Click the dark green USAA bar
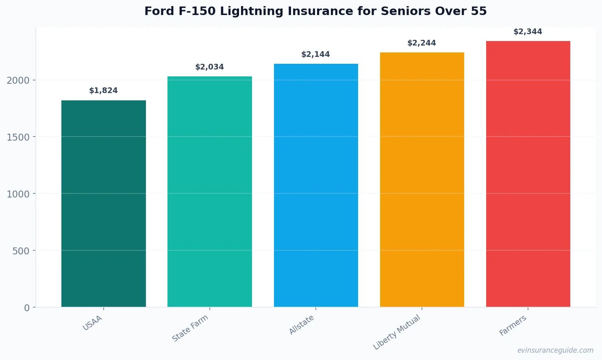(x=103, y=203)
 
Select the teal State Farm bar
(x=209, y=191)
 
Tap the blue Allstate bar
(x=316, y=185)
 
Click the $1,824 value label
(x=103, y=91)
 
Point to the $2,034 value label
(x=209, y=67)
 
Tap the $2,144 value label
(x=315, y=54)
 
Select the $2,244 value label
(x=422, y=43)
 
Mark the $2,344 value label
(x=528, y=32)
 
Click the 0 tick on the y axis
(x=27, y=308)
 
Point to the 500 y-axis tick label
(x=21, y=251)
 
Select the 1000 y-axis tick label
(x=18, y=194)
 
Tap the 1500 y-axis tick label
(x=18, y=137)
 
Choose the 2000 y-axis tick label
(x=18, y=80)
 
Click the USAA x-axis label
(x=93, y=323)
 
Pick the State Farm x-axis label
(x=190, y=328)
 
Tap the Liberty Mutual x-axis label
(x=397, y=332)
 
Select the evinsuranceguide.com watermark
(x=555, y=350)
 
